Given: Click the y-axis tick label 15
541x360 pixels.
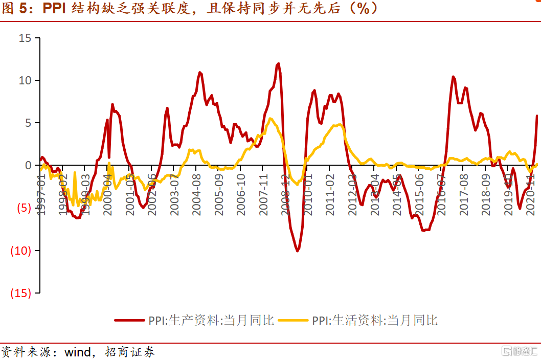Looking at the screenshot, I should pos(25,38).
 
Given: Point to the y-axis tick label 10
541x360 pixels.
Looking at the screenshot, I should pos(25,81).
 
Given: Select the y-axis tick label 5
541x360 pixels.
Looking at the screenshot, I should pos(28,123).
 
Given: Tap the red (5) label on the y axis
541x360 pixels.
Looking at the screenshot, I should pos(25,208).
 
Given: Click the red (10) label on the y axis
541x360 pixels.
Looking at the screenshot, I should pos(22,251).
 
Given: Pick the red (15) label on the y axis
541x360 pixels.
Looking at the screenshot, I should pos(22,293).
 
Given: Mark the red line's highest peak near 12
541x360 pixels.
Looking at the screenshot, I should pos(278,64).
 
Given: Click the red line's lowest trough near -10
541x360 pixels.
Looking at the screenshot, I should pos(297,251).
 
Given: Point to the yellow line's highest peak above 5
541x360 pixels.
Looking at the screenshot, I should pos(270,119).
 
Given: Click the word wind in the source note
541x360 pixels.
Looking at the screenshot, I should pos(77,352).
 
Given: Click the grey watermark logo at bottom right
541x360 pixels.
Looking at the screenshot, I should pos(519,351).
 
